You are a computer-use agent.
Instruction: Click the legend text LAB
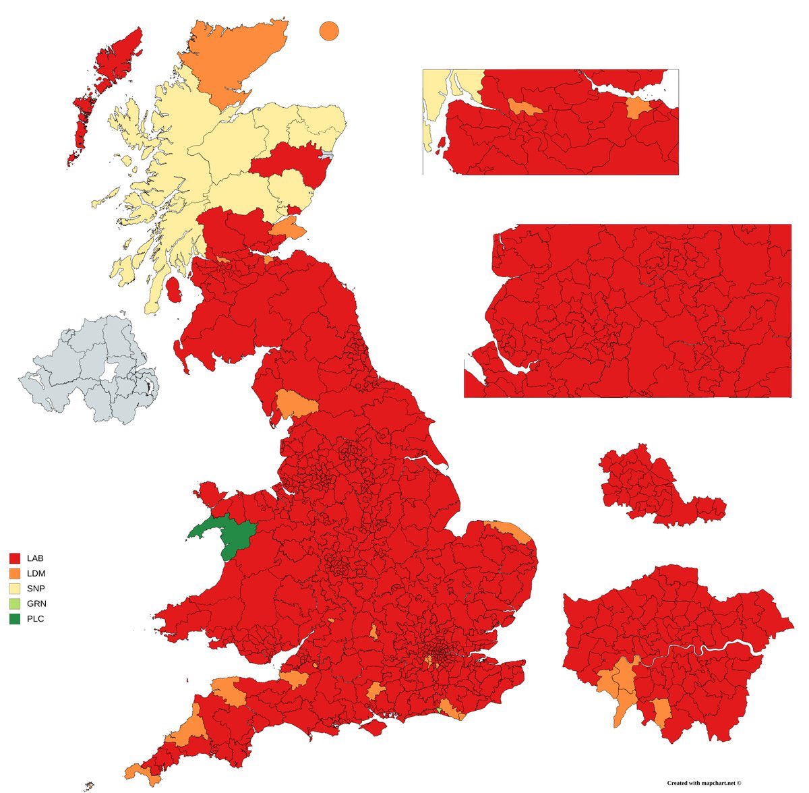coord(35,558)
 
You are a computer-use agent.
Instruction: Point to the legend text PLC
coord(35,618)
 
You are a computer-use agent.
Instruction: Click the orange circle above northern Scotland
coord(328,31)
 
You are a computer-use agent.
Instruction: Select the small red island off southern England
coord(373,727)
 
